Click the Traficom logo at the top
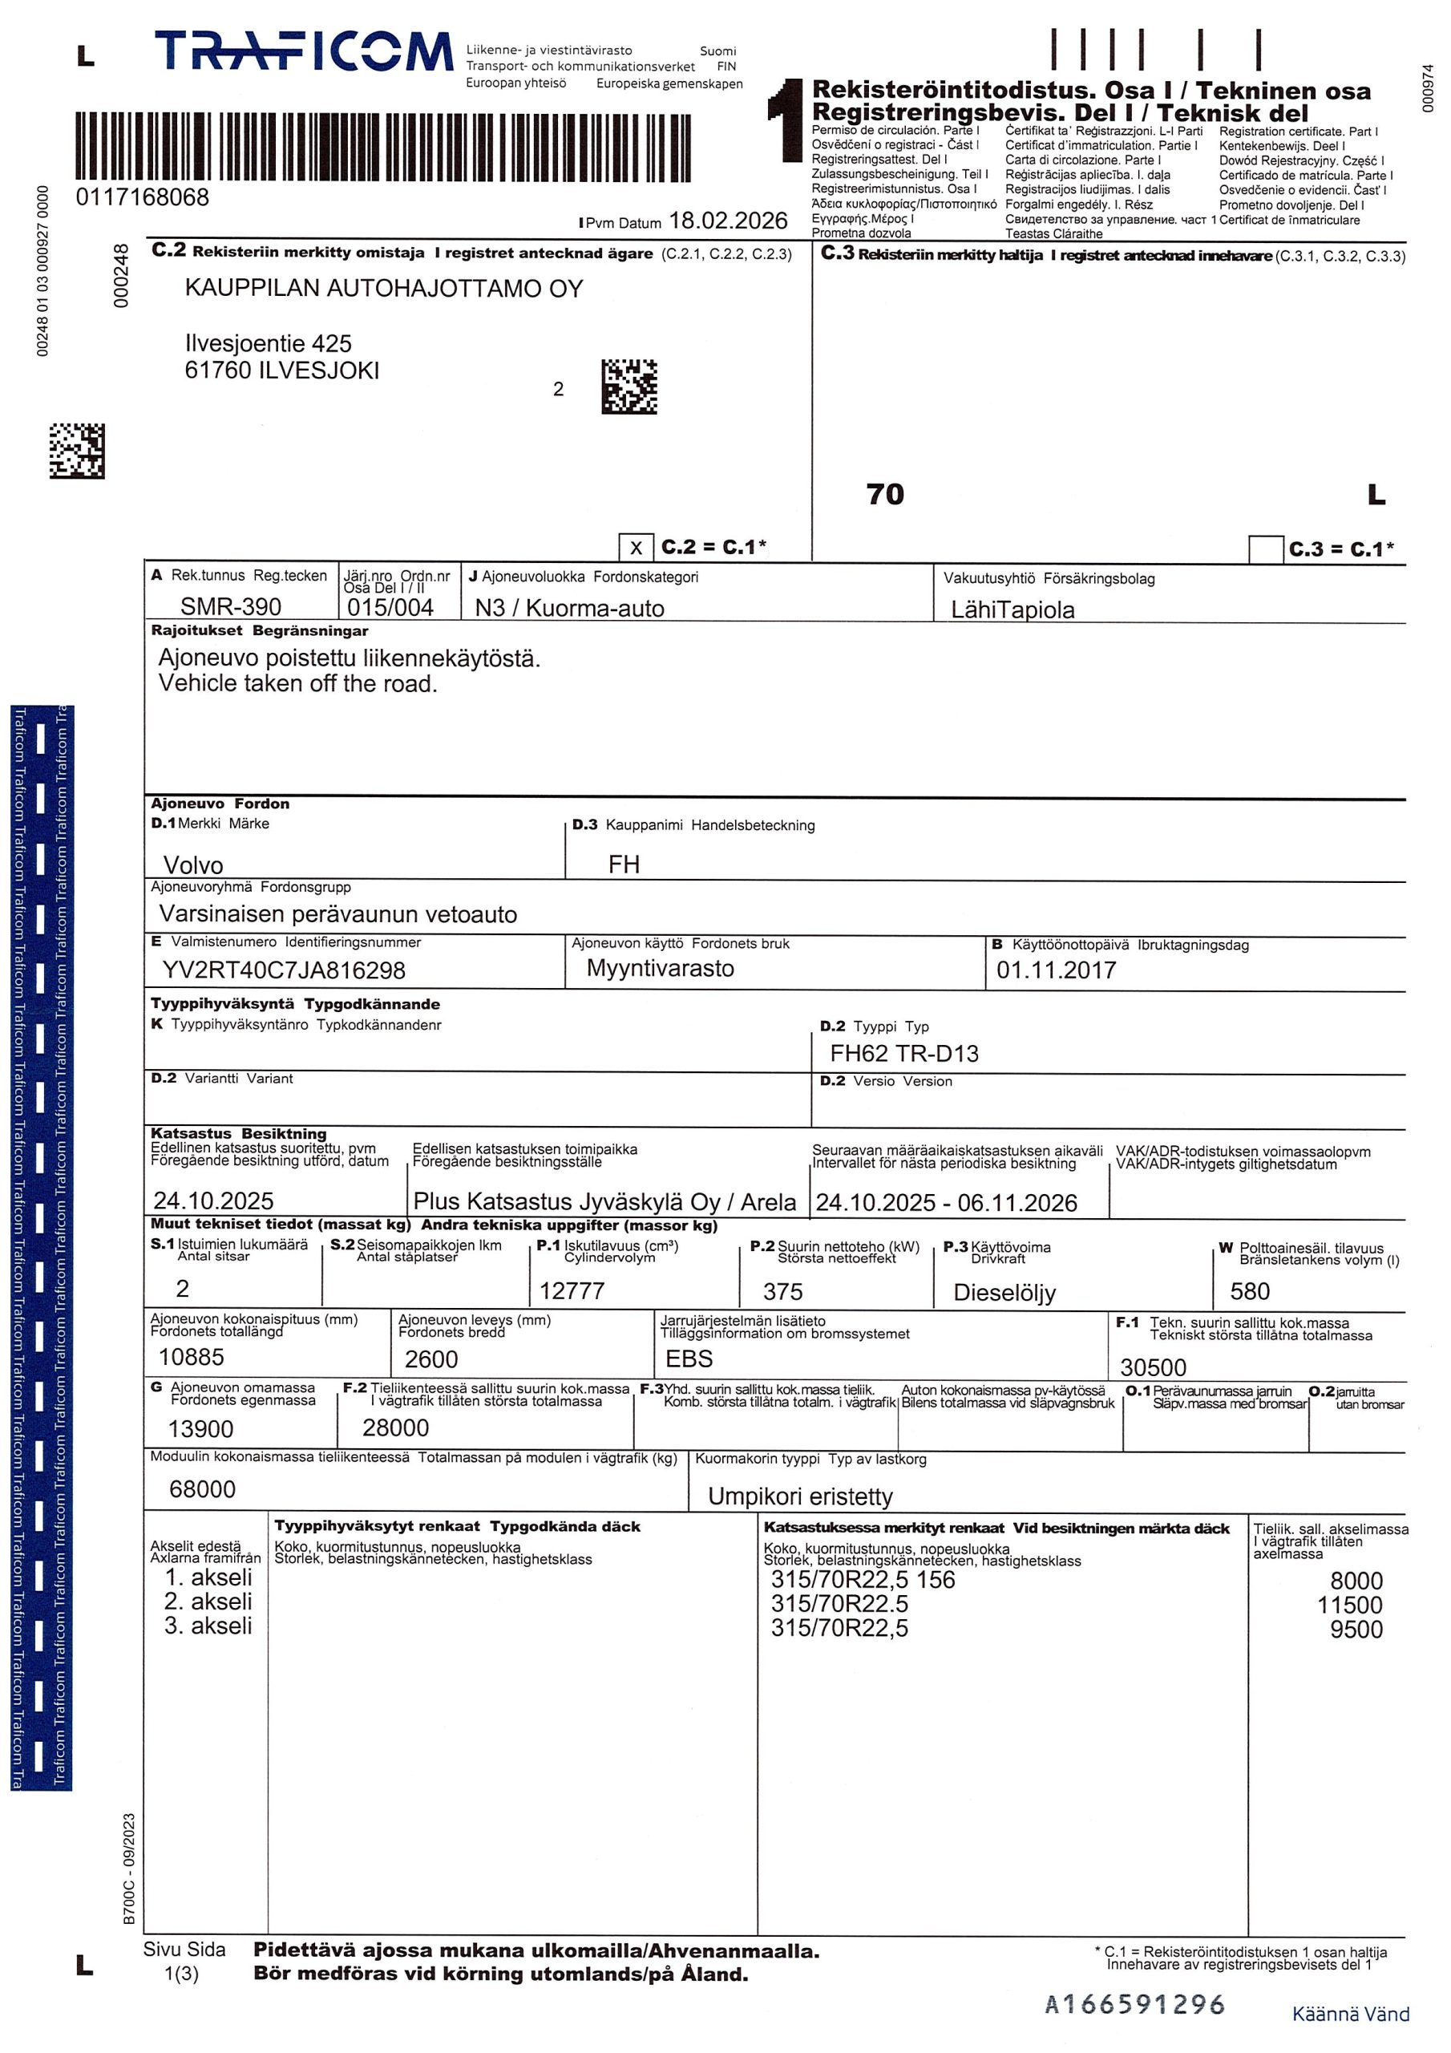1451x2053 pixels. (304, 52)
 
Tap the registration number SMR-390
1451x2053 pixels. (231, 607)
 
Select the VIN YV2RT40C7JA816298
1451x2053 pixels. (284, 970)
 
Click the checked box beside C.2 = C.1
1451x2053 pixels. (636, 547)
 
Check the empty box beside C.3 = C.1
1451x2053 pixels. (1265, 549)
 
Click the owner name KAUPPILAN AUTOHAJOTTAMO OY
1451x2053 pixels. (383, 289)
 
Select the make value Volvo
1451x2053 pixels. (193, 865)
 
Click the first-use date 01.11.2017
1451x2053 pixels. (1056, 970)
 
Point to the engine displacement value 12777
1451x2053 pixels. (572, 1290)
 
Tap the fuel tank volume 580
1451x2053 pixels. (1249, 1291)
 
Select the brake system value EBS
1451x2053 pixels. (689, 1359)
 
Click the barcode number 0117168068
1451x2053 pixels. (142, 197)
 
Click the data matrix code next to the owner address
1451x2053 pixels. (628, 387)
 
